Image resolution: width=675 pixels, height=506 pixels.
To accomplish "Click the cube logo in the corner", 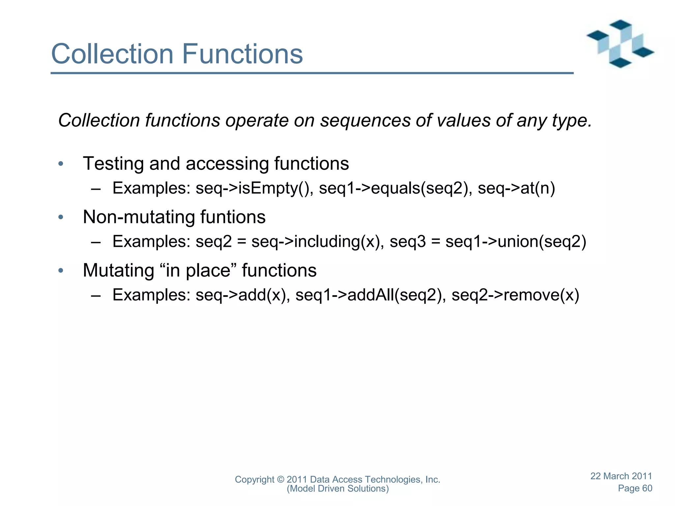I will [x=620, y=44].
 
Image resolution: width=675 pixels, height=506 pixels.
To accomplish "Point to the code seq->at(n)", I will [x=516, y=189].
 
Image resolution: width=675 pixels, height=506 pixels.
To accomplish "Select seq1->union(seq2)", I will [x=516, y=242].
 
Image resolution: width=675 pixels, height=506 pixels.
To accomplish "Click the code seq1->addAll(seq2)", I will [x=371, y=295].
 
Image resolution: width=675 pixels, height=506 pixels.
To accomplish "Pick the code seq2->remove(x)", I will [x=515, y=295].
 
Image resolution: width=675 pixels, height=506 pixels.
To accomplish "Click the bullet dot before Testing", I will [x=60, y=164].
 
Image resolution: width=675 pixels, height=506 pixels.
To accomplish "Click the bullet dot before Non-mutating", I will [x=60, y=217].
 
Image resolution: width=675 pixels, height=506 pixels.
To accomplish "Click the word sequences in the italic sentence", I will [x=365, y=121].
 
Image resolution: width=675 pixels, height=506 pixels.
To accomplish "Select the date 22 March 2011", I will [x=621, y=476].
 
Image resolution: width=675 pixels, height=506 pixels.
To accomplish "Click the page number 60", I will [x=647, y=488].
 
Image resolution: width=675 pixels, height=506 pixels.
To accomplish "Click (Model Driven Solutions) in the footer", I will [x=337, y=489].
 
